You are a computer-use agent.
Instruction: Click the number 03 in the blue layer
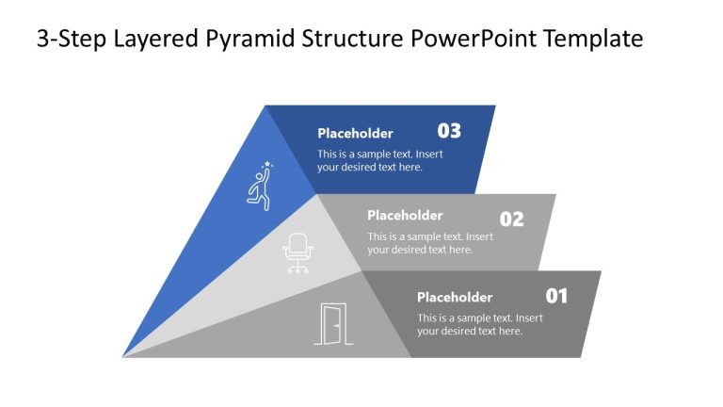click(x=449, y=131)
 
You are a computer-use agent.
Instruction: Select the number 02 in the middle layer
click(x=511, y=220)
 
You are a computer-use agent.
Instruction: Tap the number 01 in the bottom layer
click(x=556, y=296)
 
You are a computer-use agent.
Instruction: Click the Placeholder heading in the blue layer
click(x=355, y=133)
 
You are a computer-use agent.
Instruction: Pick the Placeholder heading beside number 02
click(x=405, y=215)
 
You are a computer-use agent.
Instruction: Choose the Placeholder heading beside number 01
click(x=455, y=297)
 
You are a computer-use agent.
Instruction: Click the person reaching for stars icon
click(x=259, y=187)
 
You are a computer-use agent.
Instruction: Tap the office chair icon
click(x=297, y=253)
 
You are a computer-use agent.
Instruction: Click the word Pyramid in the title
click(x=246, y=39)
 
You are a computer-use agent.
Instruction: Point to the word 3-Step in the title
click(x=69, y=39)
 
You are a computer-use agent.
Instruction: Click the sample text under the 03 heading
click(x=379, y=160)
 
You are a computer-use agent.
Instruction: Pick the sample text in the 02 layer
click(x=429, y=243)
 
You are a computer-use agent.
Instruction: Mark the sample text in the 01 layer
click(x=479, y=324)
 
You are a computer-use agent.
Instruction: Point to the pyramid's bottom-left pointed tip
click(x=124, y=356)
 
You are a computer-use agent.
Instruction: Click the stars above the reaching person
click(x=267, y=165)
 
